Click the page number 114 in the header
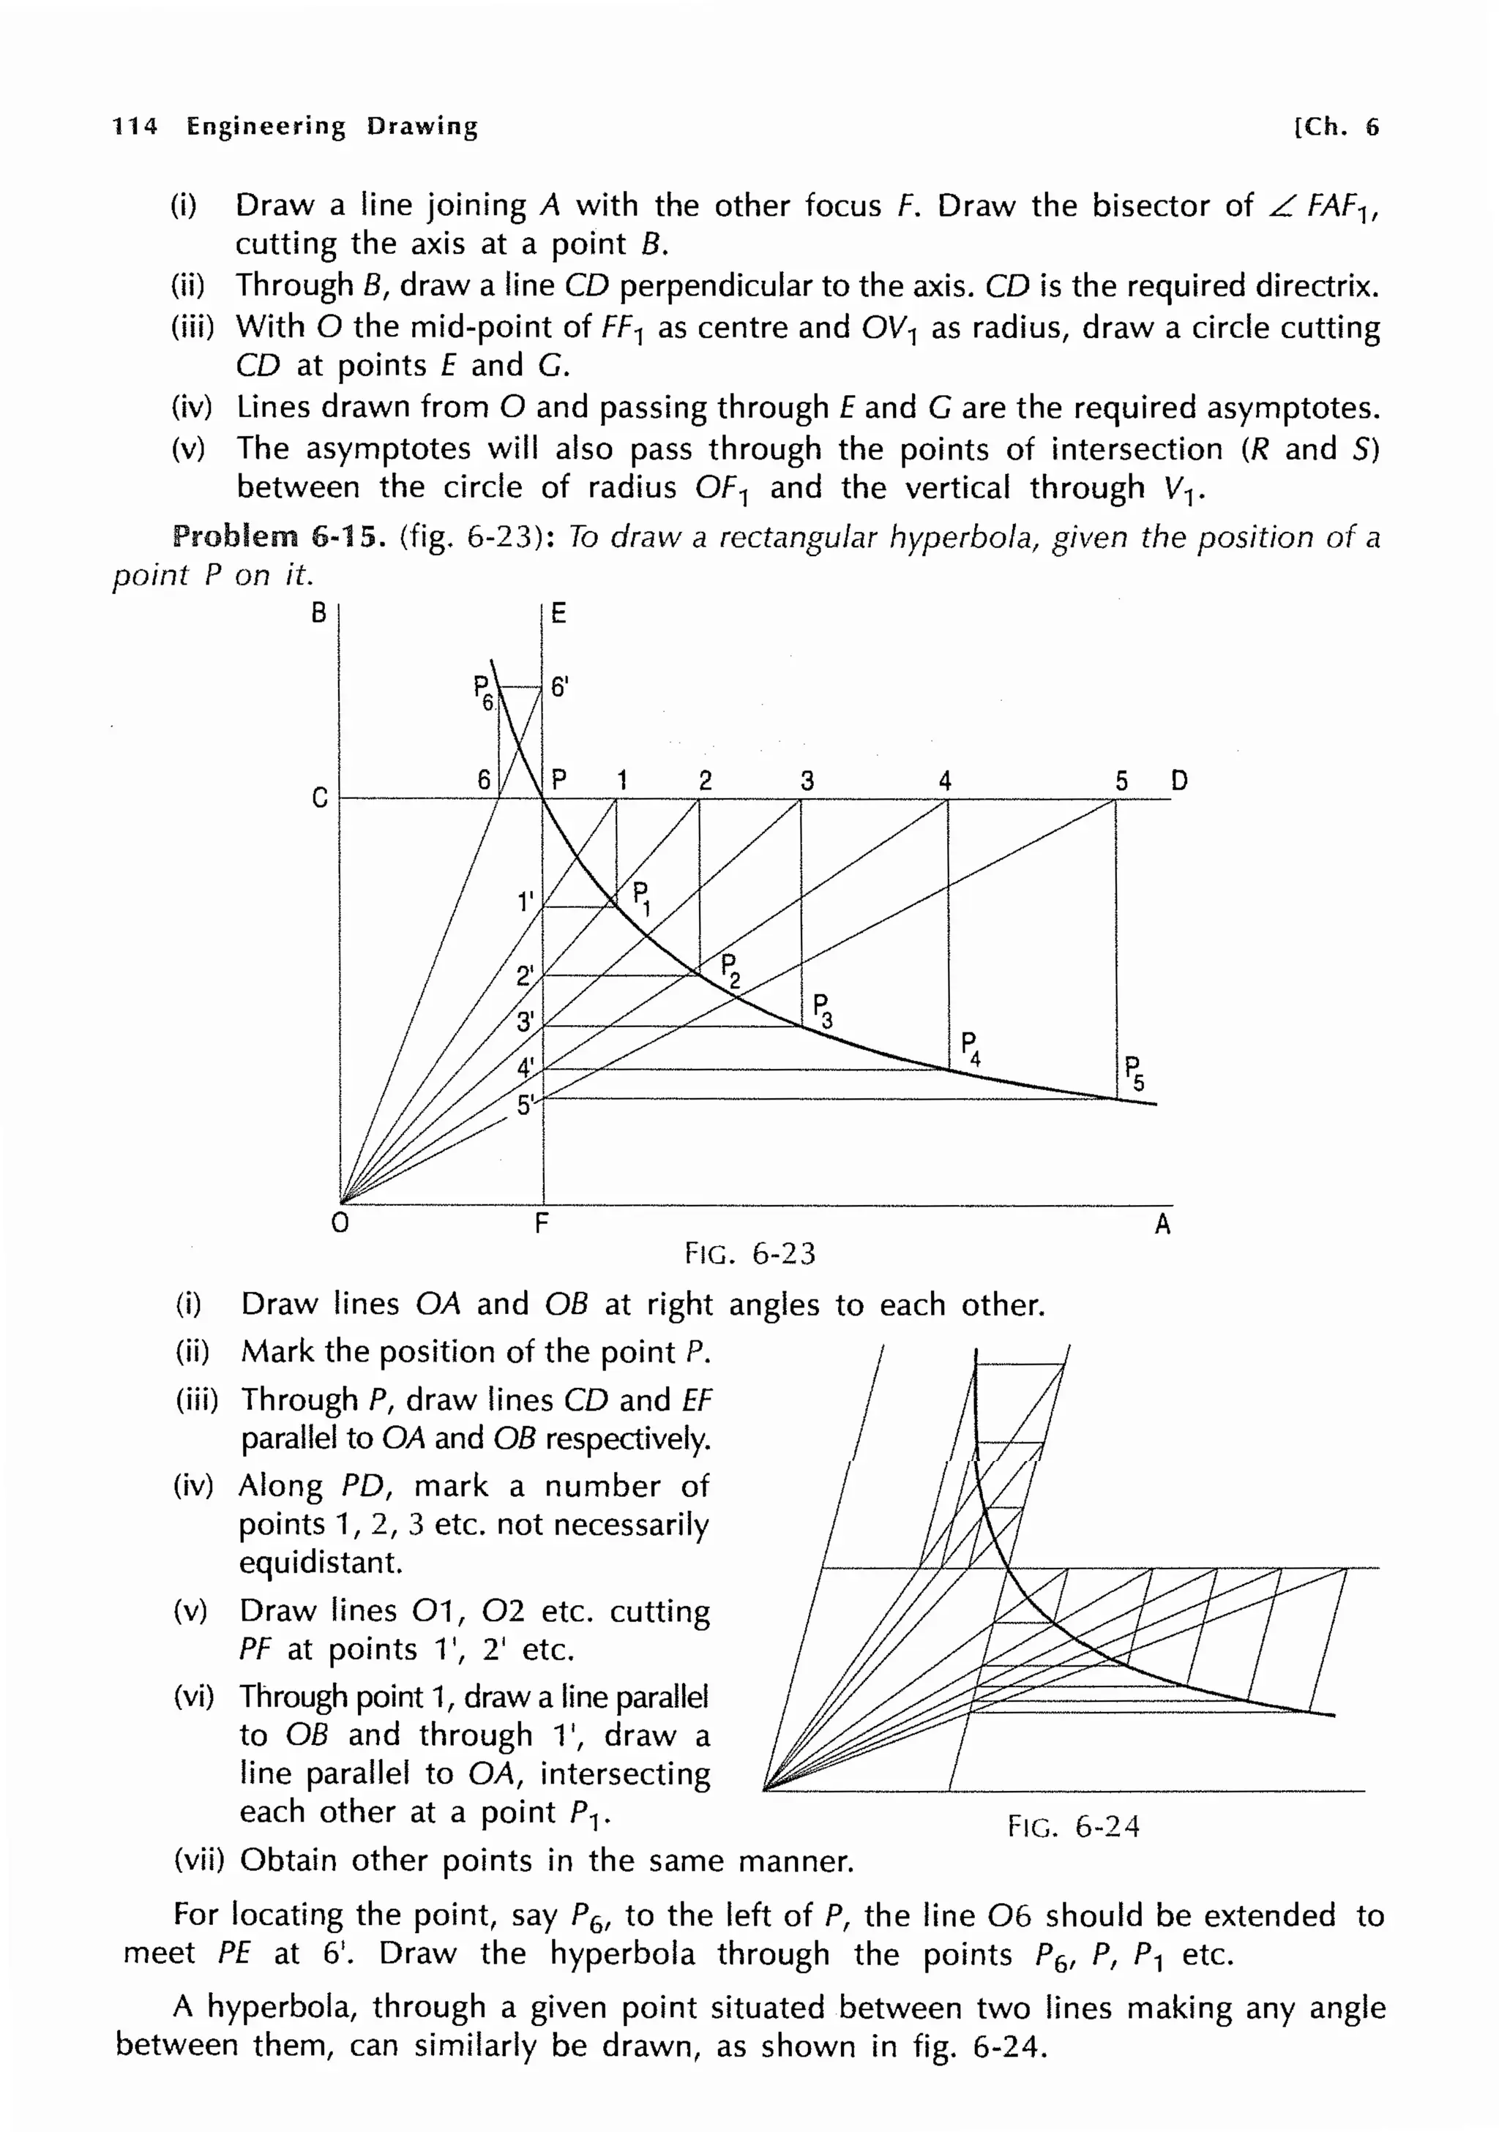[135, 127]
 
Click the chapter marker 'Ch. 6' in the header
[1337, 127]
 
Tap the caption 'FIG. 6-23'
[749, 1253]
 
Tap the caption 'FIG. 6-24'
[1073, 1826]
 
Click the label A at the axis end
[1162, 1225]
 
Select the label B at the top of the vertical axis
[318, 613]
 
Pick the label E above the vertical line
[558, 613]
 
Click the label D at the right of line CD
[1178, 780]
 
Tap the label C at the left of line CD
[318, 797]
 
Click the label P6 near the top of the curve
[483, 693]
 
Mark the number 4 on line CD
[944, 780]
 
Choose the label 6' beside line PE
[559, 687]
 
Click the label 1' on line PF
[526, 901]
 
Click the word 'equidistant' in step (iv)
[320, 1563]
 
